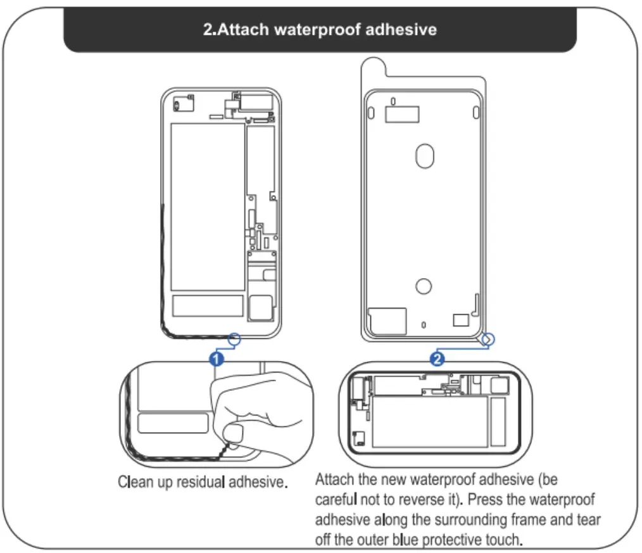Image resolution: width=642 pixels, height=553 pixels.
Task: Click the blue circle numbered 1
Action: point(217,359)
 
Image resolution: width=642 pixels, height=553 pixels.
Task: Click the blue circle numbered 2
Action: point(436,359)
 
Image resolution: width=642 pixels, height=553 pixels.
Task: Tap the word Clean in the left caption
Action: point(135,482)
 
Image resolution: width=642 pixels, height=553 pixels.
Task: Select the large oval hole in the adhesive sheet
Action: point(425,156)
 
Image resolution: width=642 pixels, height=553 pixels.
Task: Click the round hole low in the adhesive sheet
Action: point(424,286)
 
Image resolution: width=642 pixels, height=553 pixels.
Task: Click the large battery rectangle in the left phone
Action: point(208,207)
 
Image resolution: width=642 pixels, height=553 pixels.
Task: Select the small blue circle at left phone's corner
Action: point(234,340)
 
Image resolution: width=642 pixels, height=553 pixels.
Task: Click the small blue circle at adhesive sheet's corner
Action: point(488,340)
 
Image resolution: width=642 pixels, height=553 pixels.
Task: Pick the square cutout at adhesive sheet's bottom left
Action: point(387,321)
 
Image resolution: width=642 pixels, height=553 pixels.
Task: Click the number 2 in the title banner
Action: point(207,30)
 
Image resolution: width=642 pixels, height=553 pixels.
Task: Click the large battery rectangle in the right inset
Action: point(430,421)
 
